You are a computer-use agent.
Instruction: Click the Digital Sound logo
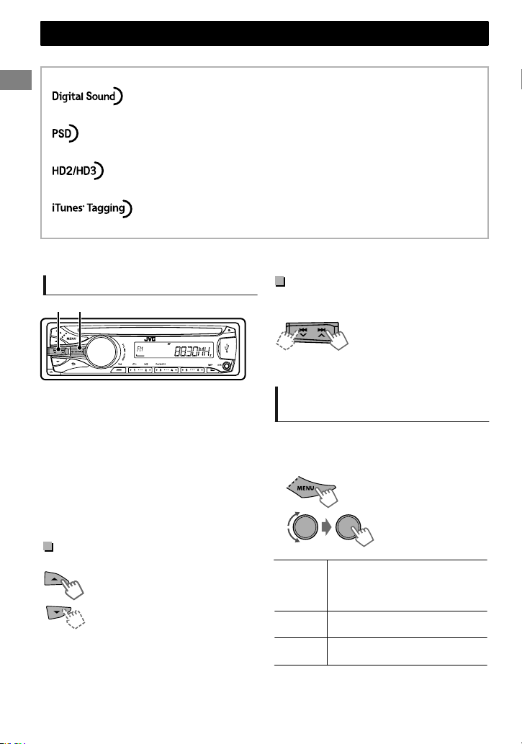click(x=87, y=97)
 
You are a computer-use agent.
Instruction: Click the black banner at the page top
click(x=264, y=33)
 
